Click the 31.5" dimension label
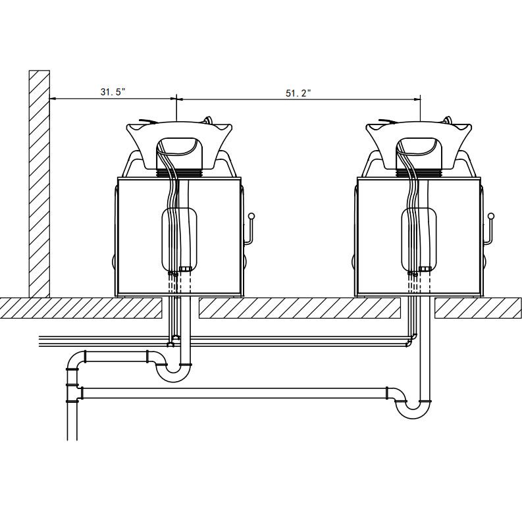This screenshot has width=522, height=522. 113,91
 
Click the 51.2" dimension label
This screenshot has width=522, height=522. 298,93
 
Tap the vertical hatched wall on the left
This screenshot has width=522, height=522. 39,184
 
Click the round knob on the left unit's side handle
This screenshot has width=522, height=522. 251,216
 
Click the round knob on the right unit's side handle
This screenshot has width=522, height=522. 491,216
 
